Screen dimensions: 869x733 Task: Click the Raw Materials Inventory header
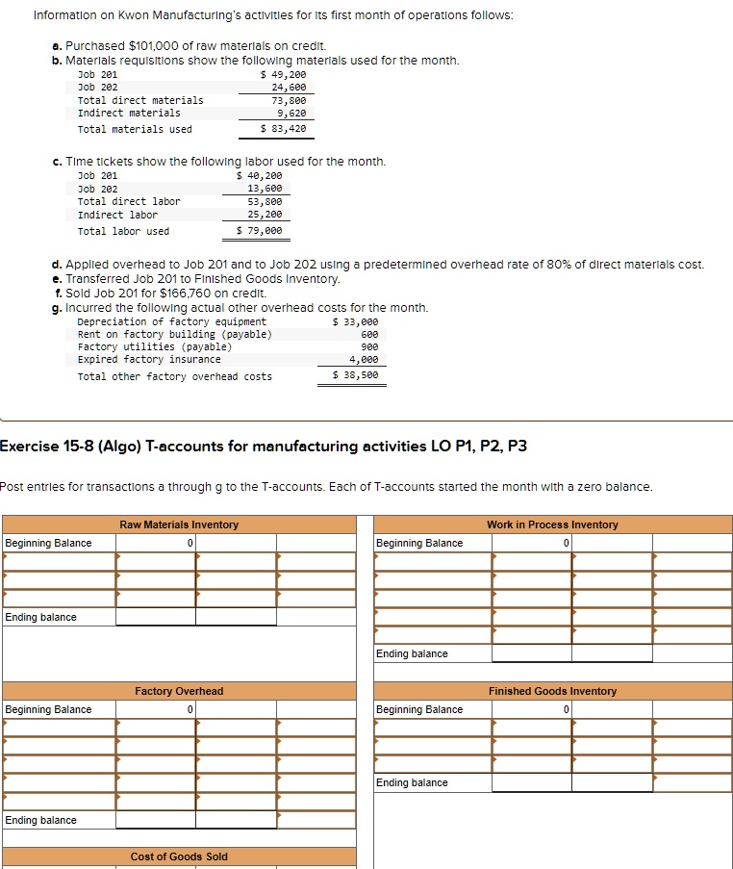(x=179, y=524)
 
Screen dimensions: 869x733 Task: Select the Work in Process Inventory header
(x=552, y=524)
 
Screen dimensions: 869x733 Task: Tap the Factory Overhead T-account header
(x=179, y=691)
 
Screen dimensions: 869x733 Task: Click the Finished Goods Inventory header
(x=552, y=691)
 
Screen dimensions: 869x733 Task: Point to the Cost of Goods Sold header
(x=179, y=856)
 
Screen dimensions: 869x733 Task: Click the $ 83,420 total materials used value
(x=284, y=129)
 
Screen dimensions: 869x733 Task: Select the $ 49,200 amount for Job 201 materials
(x=284, y=74)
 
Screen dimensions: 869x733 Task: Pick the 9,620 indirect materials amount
(x=291, y=113)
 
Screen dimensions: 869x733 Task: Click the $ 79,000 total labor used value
(x=260, y=231)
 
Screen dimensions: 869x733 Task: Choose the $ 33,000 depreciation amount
(x=356, y=321)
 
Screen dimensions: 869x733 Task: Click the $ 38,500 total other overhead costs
(x=356, y=376)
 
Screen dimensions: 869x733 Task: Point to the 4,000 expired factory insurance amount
(x=364, y=359)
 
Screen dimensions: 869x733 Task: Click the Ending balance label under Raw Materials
(x=41, y=617)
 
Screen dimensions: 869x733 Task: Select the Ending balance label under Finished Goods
(x=412, y=782)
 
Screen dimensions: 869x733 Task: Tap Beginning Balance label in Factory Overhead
(x=48, y=709)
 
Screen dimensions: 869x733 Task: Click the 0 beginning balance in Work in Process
(x=567, y=543)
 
